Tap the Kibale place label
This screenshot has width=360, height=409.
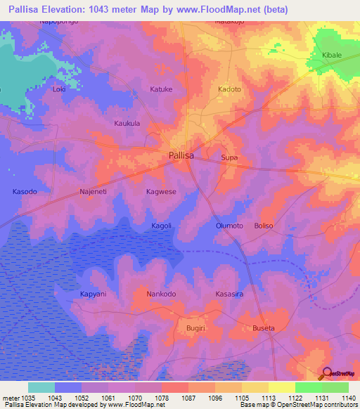coord(332,54)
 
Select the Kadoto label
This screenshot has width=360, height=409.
coord(229,89)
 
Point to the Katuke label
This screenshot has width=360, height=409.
coord(161,89)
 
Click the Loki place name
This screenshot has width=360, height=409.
coord(59,89)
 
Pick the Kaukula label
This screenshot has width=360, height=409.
coord(127,123)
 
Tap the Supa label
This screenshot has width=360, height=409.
coord(229,157)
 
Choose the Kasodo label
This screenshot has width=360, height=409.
coord(25,191)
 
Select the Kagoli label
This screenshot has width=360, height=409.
coord(161,226)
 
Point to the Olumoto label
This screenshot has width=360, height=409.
coord(229,226)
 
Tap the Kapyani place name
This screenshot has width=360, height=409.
coord(93,294)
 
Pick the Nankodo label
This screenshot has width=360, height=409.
coord(161,294)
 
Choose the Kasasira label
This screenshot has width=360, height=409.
coord(229,294)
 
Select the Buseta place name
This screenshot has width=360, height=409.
coord(263,328)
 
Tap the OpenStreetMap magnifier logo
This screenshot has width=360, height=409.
coord(326,373)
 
